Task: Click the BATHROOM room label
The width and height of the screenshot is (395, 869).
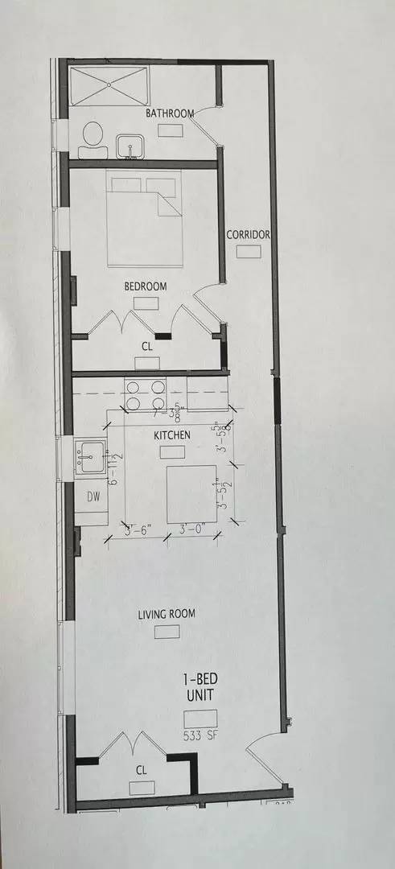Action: point(170,113)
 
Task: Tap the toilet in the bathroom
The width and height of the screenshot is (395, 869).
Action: point(92,140)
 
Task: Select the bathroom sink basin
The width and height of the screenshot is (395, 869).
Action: point(128,146)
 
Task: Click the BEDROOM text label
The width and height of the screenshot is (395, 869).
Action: point(145,286)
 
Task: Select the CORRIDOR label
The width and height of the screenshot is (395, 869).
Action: point(248,235)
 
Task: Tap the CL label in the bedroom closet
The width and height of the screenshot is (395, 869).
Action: point(146,347)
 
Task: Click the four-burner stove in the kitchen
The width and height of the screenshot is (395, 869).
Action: point(145,393)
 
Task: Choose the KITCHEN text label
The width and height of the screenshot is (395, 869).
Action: point(172,435)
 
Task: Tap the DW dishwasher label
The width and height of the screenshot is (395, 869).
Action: point(93,497)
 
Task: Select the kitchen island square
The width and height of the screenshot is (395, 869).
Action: point(191,493)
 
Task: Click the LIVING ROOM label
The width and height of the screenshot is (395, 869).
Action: point(167,615)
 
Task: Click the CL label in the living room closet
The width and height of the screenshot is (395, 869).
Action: point(142,770)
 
